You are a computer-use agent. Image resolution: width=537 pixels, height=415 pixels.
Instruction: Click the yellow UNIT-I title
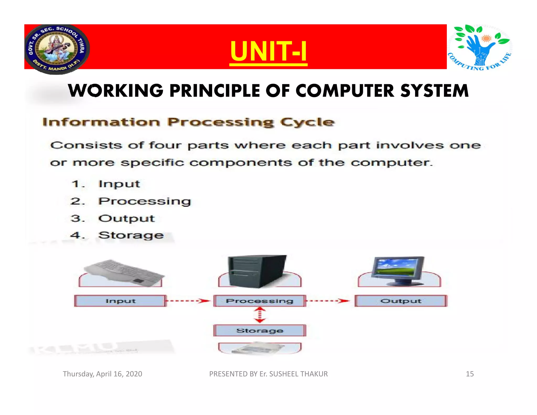268,51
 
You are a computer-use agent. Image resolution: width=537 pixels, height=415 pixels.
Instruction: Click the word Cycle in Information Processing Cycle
307,122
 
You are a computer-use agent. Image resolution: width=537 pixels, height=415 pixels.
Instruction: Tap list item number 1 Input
119,184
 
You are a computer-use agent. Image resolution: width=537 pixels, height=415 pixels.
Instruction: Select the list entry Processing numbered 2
144,201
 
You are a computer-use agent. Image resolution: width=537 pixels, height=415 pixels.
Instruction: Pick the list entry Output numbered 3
126,219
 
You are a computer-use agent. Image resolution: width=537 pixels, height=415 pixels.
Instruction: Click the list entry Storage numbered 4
131,235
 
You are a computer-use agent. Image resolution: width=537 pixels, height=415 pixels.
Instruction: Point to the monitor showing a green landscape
398,270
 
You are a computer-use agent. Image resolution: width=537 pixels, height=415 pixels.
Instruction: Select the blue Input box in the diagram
120,301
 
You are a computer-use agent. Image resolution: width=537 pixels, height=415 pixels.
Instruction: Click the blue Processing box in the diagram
260,301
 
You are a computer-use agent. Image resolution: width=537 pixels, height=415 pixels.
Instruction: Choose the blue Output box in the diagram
401,301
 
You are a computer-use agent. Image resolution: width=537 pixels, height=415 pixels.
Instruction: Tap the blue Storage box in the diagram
260,331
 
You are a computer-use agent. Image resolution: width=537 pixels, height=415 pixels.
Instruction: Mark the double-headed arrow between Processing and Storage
260,315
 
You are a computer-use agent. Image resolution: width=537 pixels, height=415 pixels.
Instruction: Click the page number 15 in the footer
470,374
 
